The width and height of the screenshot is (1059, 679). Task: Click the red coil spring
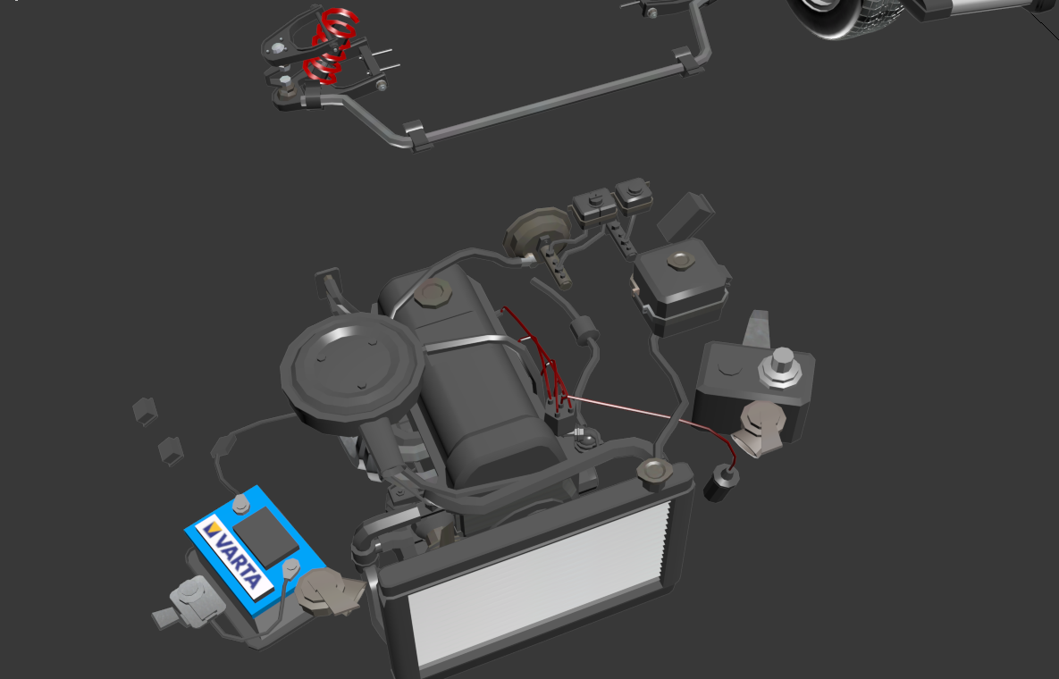(x=331, y=46)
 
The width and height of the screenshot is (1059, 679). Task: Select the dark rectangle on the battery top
(x=265, y=537)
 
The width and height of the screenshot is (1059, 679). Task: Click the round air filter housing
(x=352, y=365)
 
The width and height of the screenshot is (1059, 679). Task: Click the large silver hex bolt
(x=781, y=368)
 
